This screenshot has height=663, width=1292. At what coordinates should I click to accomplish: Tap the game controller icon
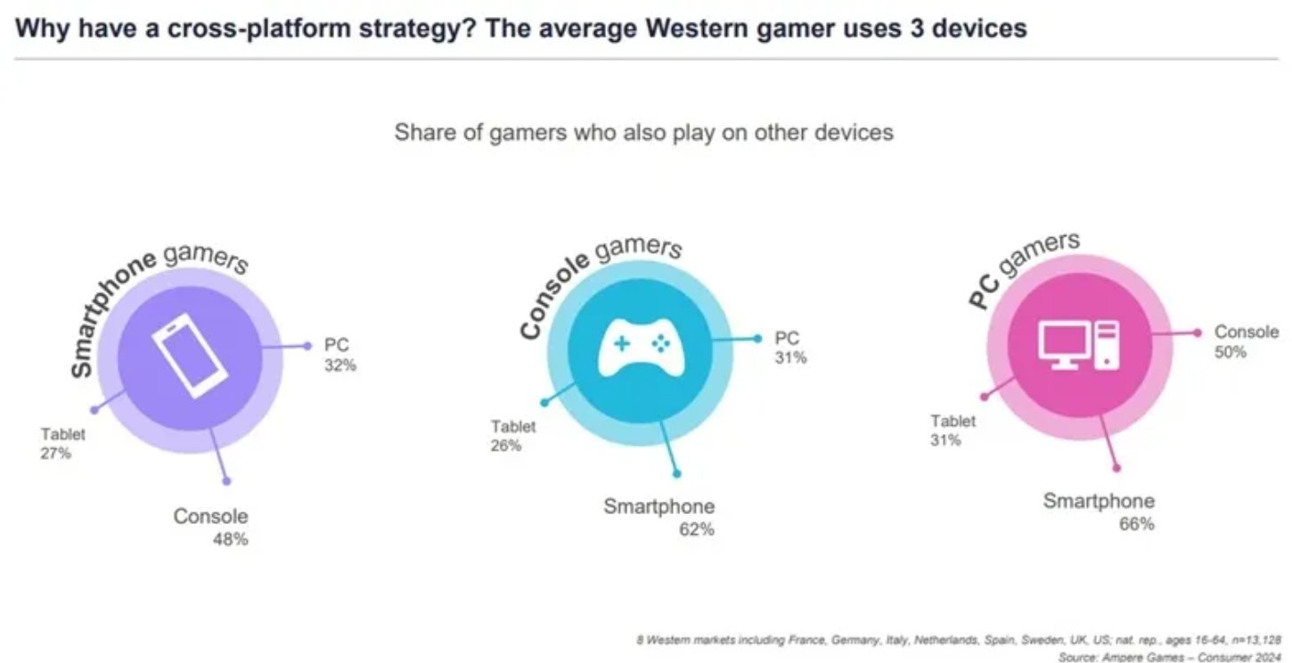pyautogui.click(x=640, y=348)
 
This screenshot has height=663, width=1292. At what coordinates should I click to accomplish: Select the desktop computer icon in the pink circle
pyautogui.click(x=1079, y=344)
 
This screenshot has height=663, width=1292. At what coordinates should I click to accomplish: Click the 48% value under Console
pyautogui.click(x=230, y=539)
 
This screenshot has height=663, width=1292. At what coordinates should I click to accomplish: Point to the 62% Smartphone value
pyautogui.click(x=696, y=529)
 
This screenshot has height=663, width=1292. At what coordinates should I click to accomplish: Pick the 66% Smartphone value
pyautogui.click(x=1136, y=524)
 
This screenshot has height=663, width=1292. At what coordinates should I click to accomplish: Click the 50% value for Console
pyautogui.click(x=1231, y=352)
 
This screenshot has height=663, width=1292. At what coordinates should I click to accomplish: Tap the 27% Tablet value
pyautogui.click(x=55, y=454)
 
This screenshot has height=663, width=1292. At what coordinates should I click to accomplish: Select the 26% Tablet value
pyautogui.click(x=505, y=446)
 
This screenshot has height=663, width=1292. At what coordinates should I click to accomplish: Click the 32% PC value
pyautogui.click(x=339, y=365)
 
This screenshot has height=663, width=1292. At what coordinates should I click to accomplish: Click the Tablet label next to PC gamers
pyautogui.click(x=953, y=421)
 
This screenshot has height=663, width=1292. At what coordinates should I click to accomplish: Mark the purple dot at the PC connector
pyautogui.click(x=307, y=346)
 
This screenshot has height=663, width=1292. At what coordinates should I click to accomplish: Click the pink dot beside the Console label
pyautogui.click(x=1198, y=332)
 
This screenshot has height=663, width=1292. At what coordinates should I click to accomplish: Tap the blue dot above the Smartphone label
pyautogui.click(x=676, y=473)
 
